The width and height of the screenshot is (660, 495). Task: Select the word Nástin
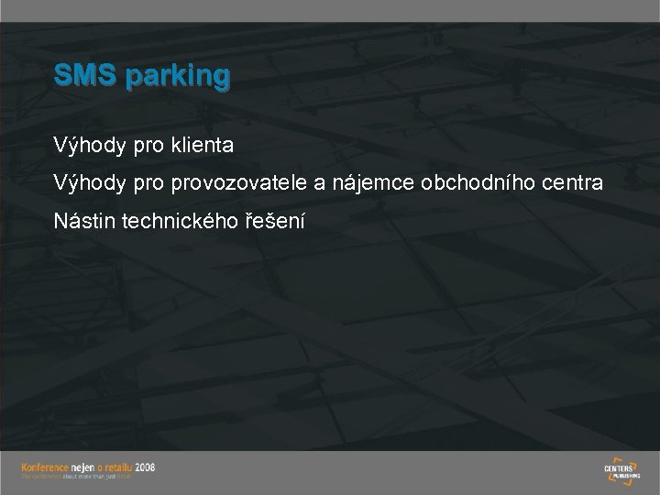pos(83,223)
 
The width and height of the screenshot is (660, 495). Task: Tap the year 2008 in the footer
pos(146,466)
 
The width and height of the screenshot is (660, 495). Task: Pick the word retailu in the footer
pos(119,466)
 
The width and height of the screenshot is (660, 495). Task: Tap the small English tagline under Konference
pos(78,476)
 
